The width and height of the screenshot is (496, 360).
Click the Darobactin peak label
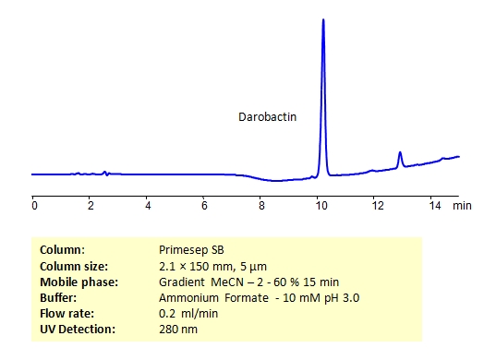267,117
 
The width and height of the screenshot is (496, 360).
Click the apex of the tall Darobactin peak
322,19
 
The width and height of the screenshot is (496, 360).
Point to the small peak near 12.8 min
399,153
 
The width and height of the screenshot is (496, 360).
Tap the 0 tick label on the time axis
33,206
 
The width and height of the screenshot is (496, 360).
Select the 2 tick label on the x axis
91,206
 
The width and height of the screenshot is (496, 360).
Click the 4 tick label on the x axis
148,206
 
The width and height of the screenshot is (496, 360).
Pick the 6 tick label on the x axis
204,206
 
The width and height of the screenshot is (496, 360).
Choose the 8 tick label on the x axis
261,206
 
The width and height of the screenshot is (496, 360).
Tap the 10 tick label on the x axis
319,206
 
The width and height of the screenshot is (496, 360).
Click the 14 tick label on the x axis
433,206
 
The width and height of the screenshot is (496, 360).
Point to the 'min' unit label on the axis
462,206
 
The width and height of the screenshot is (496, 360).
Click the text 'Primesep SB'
188,249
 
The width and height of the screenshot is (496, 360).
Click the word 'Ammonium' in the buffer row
188,297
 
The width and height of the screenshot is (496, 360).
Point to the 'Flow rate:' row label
67,313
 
